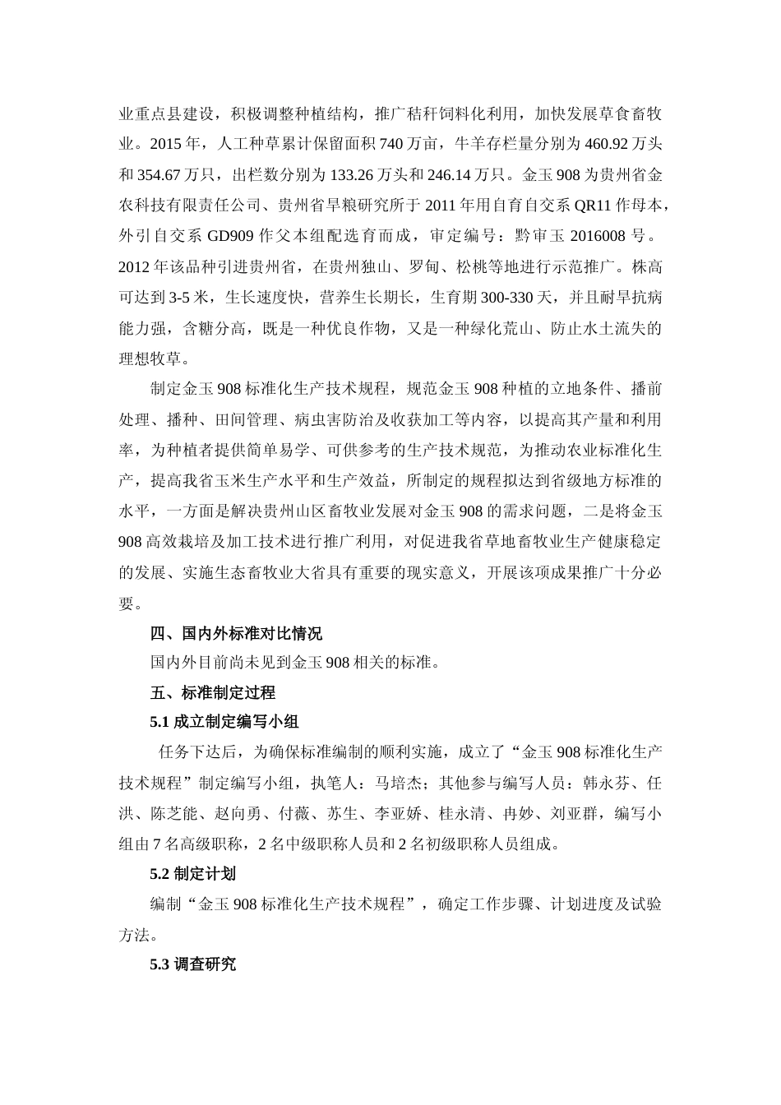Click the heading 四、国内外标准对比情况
click(236, 633)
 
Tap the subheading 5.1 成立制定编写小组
click(224, 722)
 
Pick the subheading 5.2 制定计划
click(193, 874)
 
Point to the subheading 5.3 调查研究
click(193, 964)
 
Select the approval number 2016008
click(594, 236)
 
